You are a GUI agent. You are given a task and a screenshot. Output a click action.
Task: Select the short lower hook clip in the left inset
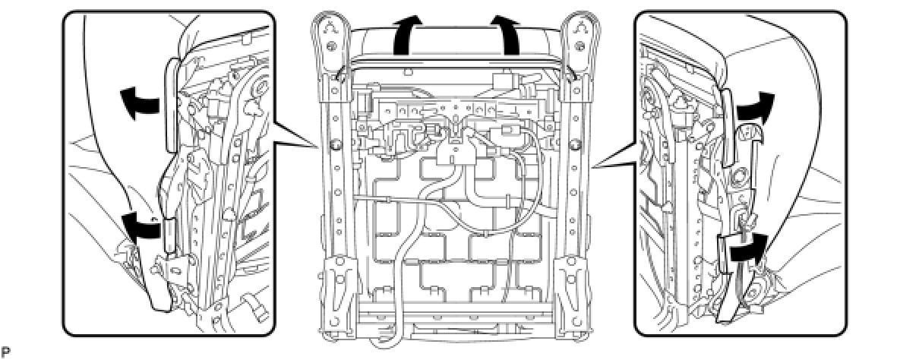(172, 233)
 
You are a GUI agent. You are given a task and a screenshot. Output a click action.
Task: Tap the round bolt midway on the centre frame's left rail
(334, 144)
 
